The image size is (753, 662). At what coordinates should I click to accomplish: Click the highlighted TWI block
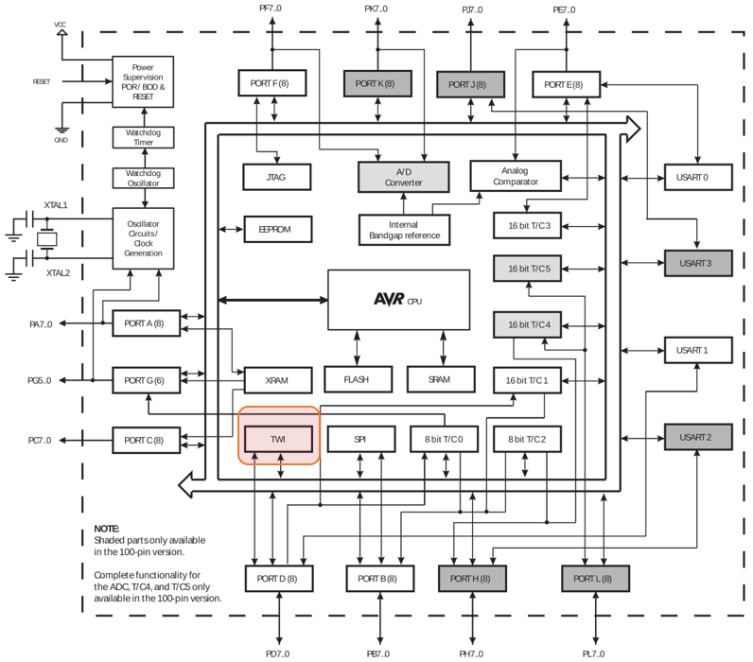279,440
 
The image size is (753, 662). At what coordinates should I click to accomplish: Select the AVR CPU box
398,300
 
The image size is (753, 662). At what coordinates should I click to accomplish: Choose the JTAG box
277,176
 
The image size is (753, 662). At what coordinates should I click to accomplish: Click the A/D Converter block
403,176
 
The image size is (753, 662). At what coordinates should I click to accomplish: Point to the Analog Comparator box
516,176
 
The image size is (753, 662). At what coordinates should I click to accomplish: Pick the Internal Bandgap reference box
404,230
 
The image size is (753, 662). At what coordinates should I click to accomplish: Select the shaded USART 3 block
699,262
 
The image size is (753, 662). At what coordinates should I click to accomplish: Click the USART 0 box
699,177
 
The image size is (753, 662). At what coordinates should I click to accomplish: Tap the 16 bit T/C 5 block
528,270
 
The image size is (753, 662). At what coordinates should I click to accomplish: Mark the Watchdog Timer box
143,137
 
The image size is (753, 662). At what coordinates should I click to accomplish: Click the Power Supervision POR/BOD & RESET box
143,82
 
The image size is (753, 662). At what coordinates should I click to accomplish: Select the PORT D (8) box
276,578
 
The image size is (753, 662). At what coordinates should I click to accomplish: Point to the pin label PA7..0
41,323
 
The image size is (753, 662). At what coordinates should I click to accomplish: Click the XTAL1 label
57,204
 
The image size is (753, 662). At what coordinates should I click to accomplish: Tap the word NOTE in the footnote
107,529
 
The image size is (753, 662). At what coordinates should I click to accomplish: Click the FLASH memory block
356,380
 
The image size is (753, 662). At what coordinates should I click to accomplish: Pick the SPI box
359,440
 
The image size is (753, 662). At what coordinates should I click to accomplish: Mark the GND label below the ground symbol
61,140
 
